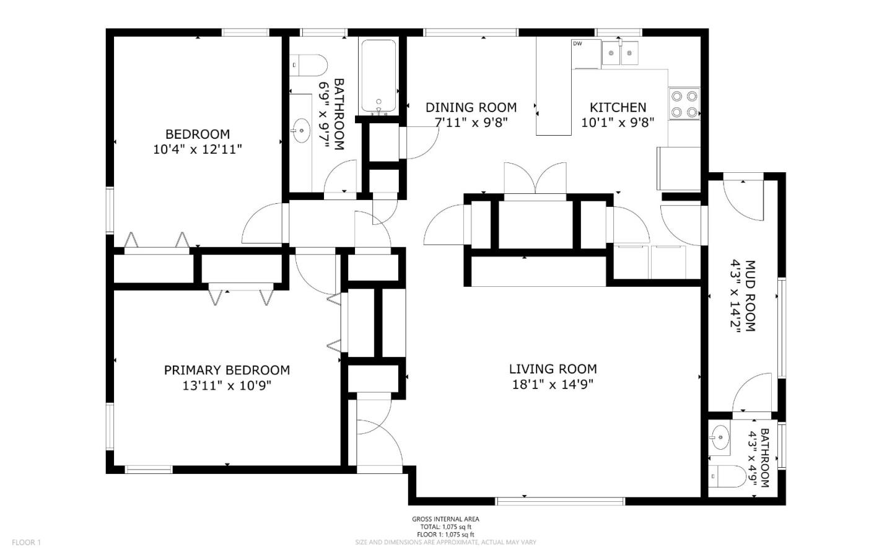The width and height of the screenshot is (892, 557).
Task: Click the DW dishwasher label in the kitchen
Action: pyautogui.click(x=577, y=43)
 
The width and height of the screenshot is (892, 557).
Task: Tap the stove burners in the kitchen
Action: pyautogui.click(x=684, y=104)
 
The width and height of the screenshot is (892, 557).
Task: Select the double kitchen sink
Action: pyautogui.click(x=621, y=54)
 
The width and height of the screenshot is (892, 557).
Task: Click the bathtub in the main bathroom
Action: pyautogui.click(x=378, y=77)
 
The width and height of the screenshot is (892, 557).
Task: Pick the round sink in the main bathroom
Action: pyautogui.click(x=302, y=131)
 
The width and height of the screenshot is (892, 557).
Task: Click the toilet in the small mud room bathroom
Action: pyautogui.click(x=728, y=476)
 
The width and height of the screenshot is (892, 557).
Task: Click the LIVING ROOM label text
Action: pyautogui.click(x=553, y=369)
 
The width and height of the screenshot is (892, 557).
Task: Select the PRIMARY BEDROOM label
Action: pyautogui.click(x=227, y=371)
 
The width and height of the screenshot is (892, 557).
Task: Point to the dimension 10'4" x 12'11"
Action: pyautogui.click(x=197, y=149)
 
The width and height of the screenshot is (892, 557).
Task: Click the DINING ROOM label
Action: pyautogui.click(x=471, y=108)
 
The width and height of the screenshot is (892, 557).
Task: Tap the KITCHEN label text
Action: pyautogui.click(x=618, y=108)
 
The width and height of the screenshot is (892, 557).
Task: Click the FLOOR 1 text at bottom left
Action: pyautogui.click(x=26, y=543)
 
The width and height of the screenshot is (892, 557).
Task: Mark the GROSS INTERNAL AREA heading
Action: pyautogui.click(x=445, y=519)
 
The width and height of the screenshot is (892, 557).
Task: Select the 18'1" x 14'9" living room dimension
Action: pyautogui.click(x=553, y=385)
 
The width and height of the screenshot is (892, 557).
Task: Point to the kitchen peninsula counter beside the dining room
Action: pyautogui.click(x=554, y=87)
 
